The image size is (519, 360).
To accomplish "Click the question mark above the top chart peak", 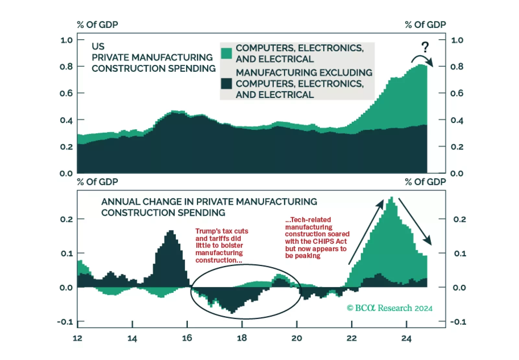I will point(425,47).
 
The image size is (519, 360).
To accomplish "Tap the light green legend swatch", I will point(226,53).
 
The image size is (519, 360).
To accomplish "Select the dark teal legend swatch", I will point(226,83).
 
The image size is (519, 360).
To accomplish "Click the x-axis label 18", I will point(242,338).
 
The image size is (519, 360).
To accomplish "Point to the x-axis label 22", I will point(351,338).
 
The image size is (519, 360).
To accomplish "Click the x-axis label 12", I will point(77,338).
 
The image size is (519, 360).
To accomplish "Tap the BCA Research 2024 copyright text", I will point(390,308).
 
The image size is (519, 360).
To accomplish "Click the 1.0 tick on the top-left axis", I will point(66,40).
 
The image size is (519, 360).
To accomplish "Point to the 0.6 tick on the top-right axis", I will point(457,93).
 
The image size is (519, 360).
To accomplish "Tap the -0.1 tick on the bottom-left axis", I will point(65,322).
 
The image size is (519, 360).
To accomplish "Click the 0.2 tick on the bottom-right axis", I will point(460,219).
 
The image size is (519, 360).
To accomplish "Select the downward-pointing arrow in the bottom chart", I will point(415,222).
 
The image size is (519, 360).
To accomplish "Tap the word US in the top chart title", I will point(98,46).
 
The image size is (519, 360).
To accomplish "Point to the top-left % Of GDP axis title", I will point(97,25).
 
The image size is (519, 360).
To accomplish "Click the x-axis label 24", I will point(406,338).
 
